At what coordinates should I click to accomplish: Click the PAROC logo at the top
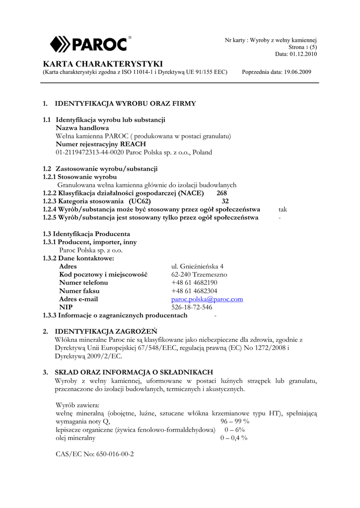pyautogui.click(x=91, y=44)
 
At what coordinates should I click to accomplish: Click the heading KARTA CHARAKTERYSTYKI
pyautogui.click(x=103, y=64)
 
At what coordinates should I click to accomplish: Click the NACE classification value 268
pyautogui.click(x=222, y=193)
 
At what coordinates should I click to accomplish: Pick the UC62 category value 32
pyautogui.click(x=225, y=201)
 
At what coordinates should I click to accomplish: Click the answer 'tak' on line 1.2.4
pyautogui.click(x=283, y=209)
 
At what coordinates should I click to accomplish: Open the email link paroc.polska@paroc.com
pyautogui.click(x=207, y=299)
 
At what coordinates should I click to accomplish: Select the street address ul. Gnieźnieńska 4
pyautogui.click(x=197, y=266)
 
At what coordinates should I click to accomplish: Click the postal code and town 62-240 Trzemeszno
pyautogui.click(x=199, y=274)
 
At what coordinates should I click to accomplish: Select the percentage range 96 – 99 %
pyautogui.click(x=235, y=421)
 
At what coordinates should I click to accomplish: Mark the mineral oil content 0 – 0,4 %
pyautogui.click(x=234, y=438)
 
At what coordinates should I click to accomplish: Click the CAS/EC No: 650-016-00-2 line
pyautogui.click(x=95, y=454)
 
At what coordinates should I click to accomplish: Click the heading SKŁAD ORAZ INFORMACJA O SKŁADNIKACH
pyautogui.click(x=134, y=372)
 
